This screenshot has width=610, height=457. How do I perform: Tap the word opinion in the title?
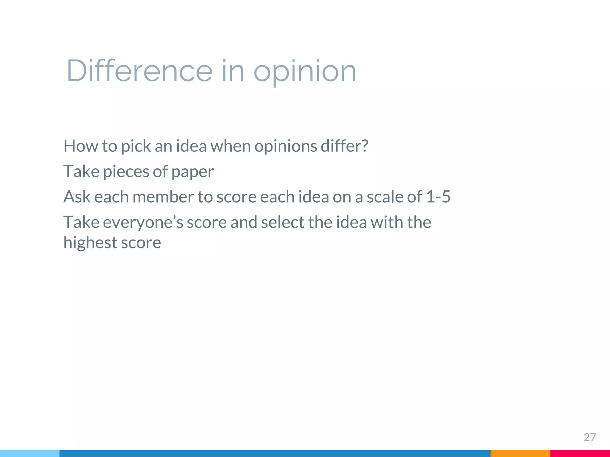coord(305,71)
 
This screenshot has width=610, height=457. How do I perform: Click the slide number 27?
coord(589,437)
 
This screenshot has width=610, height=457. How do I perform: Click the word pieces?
coord(126,172)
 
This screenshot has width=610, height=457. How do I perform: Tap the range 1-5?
coord(438,197)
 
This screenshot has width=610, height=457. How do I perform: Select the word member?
coord(163,197)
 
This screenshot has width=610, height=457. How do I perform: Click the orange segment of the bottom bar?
coord(520,453)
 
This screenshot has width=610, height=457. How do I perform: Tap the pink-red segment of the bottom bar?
coord(580,453)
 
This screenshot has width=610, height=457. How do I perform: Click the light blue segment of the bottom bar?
coord(29,453)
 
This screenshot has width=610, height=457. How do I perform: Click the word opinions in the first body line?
coord(286,146)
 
